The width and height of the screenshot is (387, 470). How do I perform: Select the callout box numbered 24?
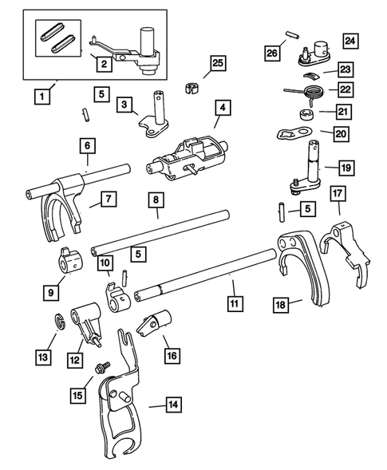(350, 40)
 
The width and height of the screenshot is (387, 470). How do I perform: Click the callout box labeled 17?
(338, 193)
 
